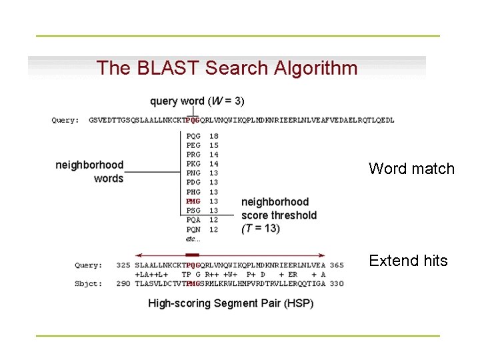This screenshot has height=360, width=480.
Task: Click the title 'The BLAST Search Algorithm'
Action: tap(227, 68)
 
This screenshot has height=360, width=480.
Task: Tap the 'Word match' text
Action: tap(411, 169)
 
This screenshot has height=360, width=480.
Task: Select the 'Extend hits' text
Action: tap(408, 261)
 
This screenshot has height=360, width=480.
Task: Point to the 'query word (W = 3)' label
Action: tap(197, 101)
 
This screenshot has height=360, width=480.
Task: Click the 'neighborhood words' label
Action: tap(90, 171)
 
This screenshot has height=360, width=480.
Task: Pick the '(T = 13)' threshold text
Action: tap(261, 228)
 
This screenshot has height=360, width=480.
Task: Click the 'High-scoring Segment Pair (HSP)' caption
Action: tap(230, 303)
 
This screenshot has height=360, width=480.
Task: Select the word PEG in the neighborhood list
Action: tap(193, 145)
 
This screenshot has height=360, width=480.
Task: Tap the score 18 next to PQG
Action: tap(214, 136)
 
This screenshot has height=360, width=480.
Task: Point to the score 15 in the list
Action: tap(214, 145)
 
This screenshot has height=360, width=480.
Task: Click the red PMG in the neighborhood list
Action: tap(193, 201)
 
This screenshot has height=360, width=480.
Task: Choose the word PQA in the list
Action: tap(193, 220)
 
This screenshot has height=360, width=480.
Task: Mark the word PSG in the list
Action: tap(193, 211)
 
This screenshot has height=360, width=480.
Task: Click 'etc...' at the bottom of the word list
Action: tap(193, 239)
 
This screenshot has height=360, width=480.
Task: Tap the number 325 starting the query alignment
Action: tap(123, 265)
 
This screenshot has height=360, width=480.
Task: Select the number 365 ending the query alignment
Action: tap(337, 265)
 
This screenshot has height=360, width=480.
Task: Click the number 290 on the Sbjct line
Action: tap(123, 284)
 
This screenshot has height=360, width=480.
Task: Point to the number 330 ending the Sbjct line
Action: tap(337, 284)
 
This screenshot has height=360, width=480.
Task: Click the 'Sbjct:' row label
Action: tap(88, 284)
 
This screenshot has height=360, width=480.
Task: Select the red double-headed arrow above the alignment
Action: tap(230, 255)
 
